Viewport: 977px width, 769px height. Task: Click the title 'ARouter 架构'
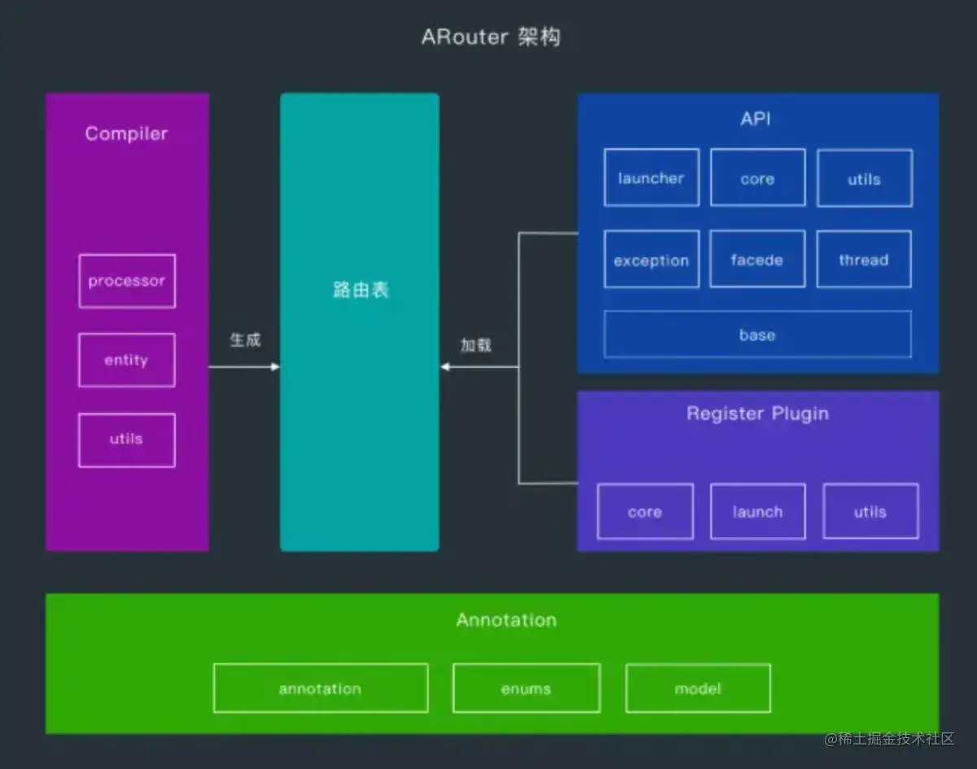pos(490,37)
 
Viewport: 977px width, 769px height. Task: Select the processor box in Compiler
pos(126,281)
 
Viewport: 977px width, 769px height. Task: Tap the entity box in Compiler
pos(126,360)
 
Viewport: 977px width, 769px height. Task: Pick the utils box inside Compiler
pos(126,439)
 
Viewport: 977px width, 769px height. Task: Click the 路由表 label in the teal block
pos(361,291)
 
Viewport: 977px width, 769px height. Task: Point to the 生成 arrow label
pos(245,340)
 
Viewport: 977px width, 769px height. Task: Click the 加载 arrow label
pos(475,344)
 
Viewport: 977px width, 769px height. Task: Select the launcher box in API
pos(651,177)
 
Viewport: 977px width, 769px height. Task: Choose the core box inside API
pos(757,178)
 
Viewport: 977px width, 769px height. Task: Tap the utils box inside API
pos(864,178)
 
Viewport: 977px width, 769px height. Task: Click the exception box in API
pos(651,260)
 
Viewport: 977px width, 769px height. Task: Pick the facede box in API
pos(757,260)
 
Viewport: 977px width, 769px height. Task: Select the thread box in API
pos(864,260)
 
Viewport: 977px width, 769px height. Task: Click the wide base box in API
pos(757,334)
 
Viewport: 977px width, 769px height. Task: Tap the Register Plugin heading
pos(757,413)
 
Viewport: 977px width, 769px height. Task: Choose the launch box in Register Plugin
pos(757,512)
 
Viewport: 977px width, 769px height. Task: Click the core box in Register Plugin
pos(645,512)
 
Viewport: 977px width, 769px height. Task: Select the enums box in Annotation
pos(526,688)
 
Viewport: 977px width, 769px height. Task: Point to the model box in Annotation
pos(698,688)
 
